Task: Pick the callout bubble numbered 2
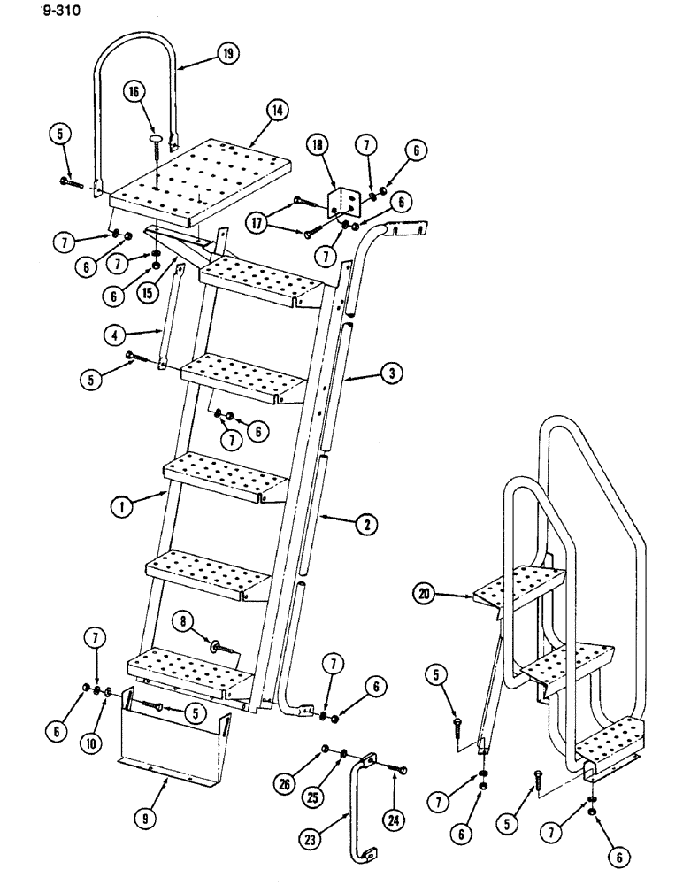[x=365, y=525]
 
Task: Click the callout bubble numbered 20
[x=424, y=596]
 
